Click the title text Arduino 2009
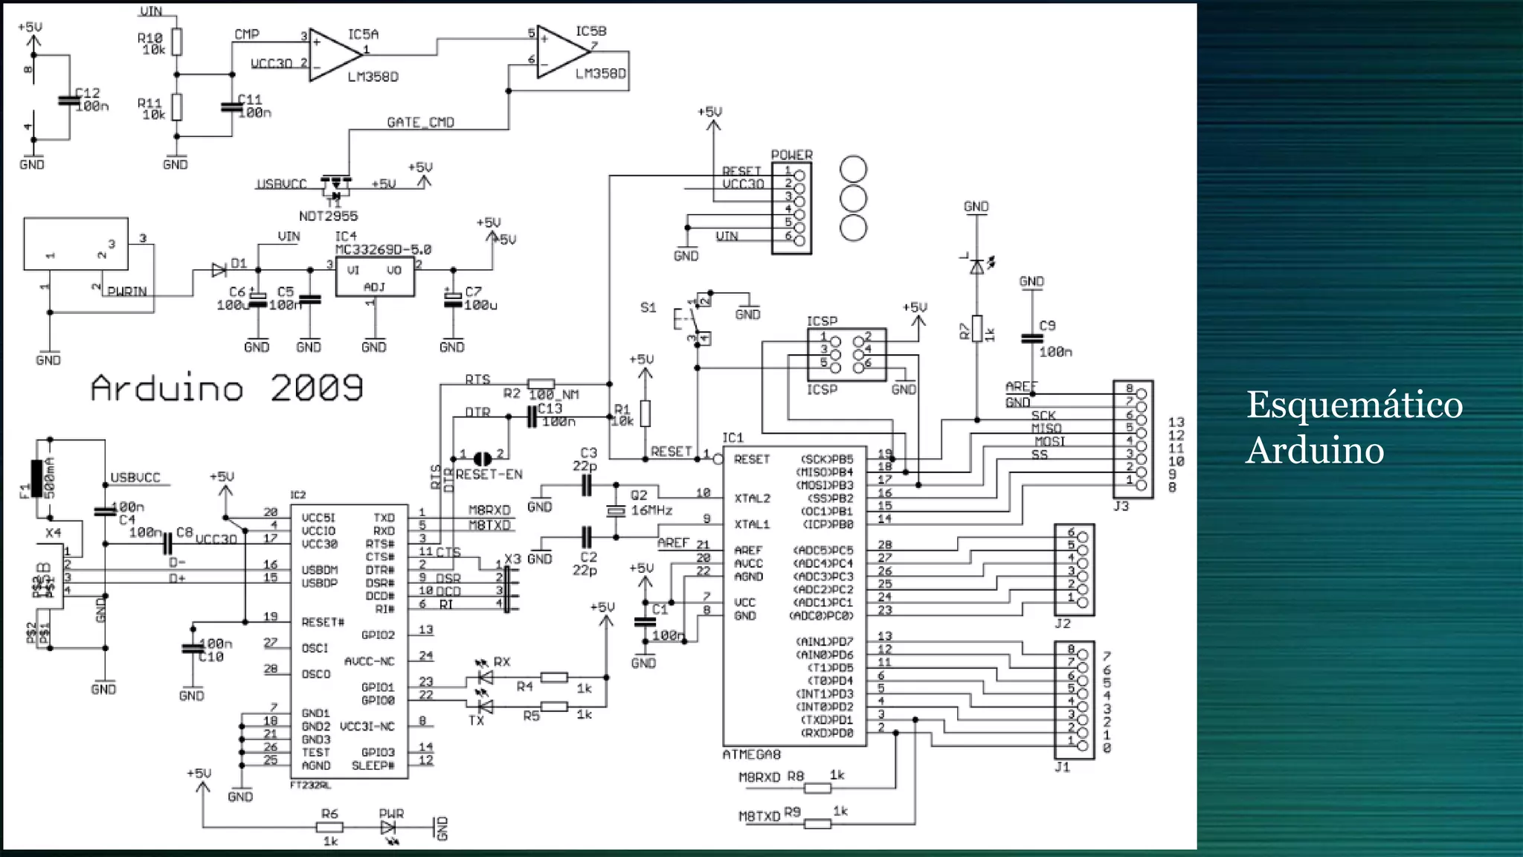[227, 388]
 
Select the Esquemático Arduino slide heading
[1353, 427]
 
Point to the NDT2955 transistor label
[328, 216]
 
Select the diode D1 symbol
[219, 270]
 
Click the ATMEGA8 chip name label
[751, 755]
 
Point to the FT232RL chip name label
[310, 786]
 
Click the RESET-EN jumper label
[489, 475]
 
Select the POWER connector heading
[791, 155]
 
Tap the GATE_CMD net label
[420, 123]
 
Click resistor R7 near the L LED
[977, 328]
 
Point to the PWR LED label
[391, 814]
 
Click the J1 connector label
[1062, 767]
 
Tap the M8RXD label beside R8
[759, 777]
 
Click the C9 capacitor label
[1047, 326]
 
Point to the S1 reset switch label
[648, 307]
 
